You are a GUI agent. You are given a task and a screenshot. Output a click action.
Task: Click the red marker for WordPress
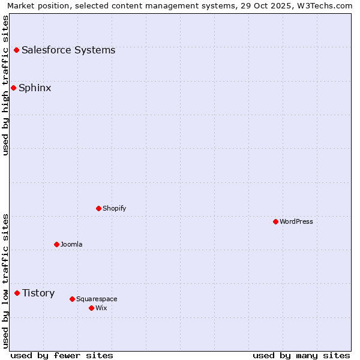coord(275,221)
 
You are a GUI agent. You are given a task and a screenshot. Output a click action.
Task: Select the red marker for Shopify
coord(99,208)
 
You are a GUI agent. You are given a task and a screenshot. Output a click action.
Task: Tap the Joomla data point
coord(56,244)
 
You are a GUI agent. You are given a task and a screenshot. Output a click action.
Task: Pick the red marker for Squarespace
coord(72,299)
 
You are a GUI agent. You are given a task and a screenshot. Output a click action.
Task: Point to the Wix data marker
coord(91,308)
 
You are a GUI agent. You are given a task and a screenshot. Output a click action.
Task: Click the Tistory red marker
coord(17,293)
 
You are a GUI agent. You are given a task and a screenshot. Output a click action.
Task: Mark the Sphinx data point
coord(13,88)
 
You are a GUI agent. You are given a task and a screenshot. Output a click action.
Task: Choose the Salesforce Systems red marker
coord(16,50)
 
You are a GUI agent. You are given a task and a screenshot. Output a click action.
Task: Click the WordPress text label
coord(296,221)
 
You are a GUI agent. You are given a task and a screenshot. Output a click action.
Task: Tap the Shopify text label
coord(115,208)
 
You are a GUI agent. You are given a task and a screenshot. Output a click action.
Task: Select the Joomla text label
coord(71,244)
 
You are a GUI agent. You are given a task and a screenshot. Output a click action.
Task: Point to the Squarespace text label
coord(97,299)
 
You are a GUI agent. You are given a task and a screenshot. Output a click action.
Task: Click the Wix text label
coord(101,308)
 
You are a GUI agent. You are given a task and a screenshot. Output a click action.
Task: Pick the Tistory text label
coord(38,293)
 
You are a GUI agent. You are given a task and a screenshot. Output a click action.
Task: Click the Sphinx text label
coord(35,88)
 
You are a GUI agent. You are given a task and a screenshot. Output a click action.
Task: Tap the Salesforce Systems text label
coord(68,50)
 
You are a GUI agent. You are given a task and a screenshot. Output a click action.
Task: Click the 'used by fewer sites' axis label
coord(62,355)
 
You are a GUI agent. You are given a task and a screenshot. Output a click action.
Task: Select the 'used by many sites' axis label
coord(301,355)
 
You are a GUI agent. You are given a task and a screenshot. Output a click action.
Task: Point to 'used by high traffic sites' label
coord(5,85)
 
